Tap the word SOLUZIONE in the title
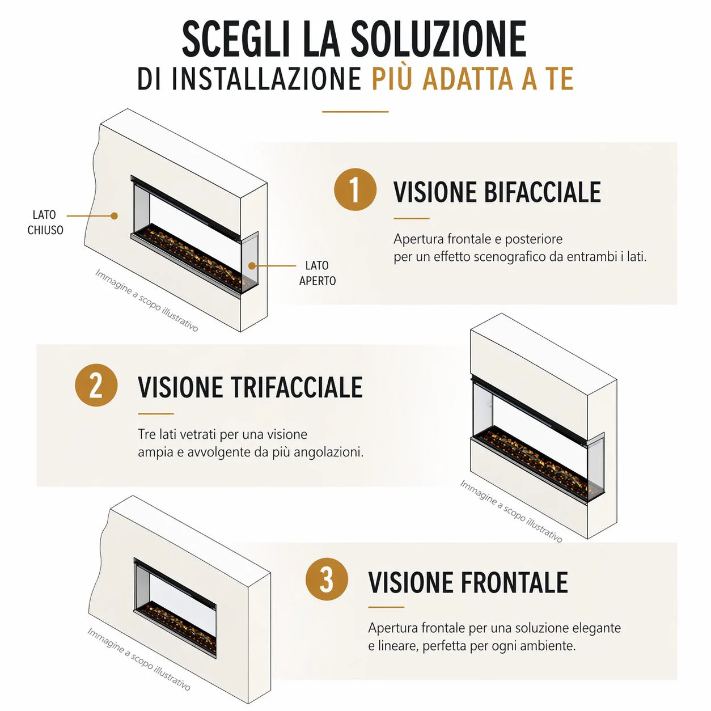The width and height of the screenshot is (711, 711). pos(438,39)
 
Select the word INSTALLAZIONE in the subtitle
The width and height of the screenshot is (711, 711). pos(267,79)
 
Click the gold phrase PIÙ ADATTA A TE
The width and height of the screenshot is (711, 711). pos(472,79)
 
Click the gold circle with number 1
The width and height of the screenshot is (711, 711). pos(355,189)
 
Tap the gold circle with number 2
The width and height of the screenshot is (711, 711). pos(96,385)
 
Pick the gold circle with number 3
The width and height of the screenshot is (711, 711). pos(327,579)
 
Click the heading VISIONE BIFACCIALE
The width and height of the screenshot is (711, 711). pos(497,192)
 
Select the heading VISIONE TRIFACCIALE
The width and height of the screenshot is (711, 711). pos(250,387)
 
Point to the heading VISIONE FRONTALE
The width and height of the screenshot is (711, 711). pos(468,582)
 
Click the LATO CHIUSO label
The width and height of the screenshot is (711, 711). pos(45,222)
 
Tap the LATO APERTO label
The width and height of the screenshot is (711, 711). pos(318,273)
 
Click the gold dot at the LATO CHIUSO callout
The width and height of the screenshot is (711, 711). pos(115,216)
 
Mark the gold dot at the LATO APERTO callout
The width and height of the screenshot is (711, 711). pos(252,266)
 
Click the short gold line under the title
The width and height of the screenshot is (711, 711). pos(355,112)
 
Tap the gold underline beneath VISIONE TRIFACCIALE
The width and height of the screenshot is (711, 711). pos(156,413)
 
